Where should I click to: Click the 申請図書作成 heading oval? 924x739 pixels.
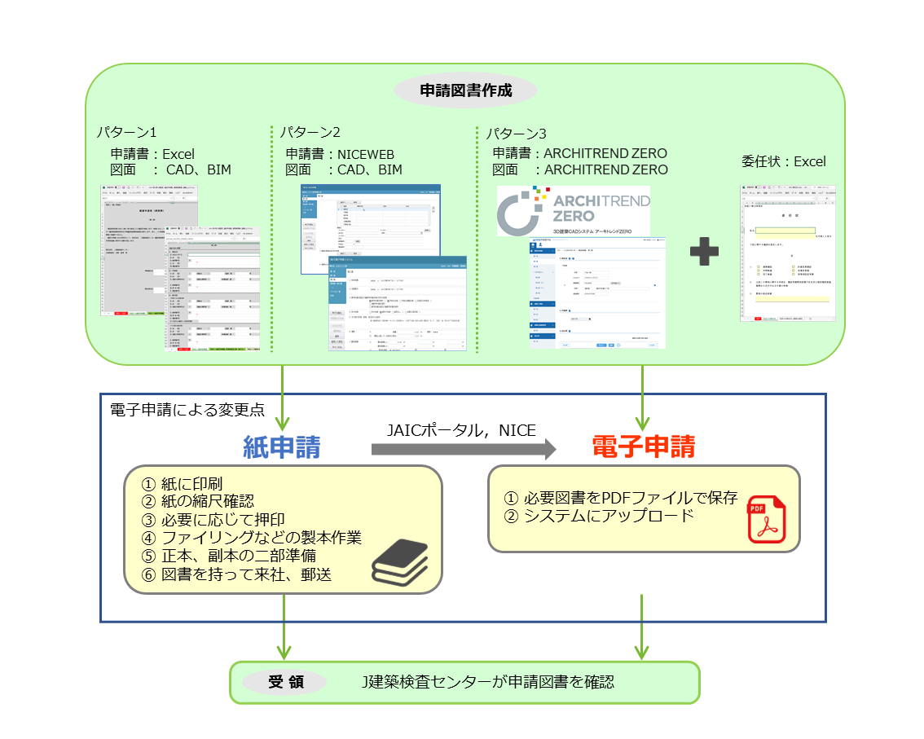point(465,90)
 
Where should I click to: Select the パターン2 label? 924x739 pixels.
point(310,132)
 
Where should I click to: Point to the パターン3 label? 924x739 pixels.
point(517,133)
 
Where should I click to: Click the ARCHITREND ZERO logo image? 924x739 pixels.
point(574,210)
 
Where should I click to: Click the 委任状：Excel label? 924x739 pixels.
point(783,161)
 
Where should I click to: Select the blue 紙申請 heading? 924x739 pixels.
point(282,446)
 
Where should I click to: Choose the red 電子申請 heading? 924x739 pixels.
point(643,446)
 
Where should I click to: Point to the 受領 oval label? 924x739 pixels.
point(286,682)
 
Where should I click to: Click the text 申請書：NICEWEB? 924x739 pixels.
point(343,153)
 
